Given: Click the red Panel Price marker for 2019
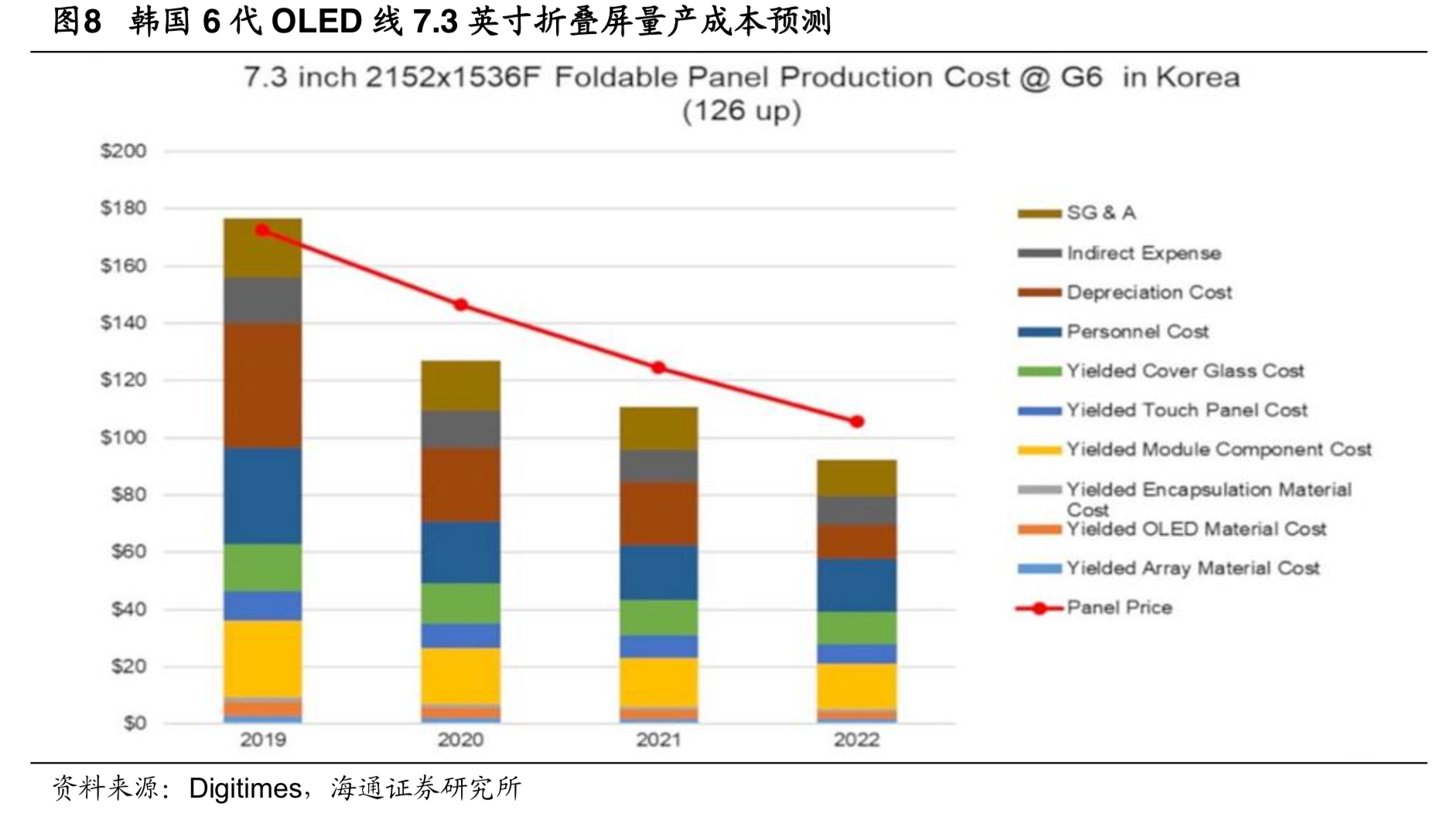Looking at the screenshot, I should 262,231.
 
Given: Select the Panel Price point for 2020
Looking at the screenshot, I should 461,305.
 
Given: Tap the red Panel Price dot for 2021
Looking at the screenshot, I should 658,368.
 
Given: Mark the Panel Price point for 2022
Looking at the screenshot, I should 857,422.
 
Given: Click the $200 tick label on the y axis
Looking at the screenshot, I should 123,151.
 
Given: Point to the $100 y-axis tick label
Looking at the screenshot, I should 123,437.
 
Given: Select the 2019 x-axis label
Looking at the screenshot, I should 263,740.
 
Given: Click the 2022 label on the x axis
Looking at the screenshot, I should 856,740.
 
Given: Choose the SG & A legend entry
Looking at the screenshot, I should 1101,213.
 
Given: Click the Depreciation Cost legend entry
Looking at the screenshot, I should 1149,292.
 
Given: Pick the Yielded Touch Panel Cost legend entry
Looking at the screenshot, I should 1186,410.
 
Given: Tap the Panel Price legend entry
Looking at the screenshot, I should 1118,607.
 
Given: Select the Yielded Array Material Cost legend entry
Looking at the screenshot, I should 1192,569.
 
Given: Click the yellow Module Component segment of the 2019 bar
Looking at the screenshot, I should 263,658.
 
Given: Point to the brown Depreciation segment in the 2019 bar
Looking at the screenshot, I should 263,385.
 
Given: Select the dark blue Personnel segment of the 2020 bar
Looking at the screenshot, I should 461,552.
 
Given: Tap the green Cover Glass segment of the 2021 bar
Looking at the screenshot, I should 659,617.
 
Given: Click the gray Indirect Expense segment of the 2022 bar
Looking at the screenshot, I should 857,511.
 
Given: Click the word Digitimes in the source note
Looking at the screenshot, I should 244,788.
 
